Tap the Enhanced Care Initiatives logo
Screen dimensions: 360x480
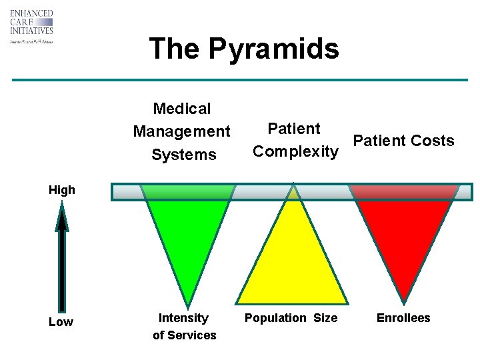pos(31,27)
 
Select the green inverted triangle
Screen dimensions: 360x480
pos(189,233)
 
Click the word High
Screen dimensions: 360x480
pos(62,190)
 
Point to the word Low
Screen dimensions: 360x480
pos(61,323)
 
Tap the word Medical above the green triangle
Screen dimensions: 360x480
pos(181,109)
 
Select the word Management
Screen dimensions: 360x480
pos(181,131)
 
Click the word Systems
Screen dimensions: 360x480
pos(184,155)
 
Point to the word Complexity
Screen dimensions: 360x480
pos(295,151)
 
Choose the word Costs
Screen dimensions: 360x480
pos(432,141)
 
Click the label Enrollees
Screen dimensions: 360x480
pos(403,318)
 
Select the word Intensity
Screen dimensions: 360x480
pos(183,318)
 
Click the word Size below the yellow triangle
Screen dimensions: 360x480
pos(325,318)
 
